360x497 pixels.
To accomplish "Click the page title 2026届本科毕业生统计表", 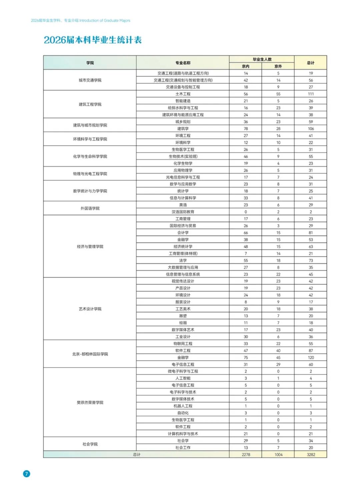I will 93,40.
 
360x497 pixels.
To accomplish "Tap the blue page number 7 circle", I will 26,474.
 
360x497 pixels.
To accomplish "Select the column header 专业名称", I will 183,63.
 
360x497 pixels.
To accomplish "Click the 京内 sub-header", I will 246,66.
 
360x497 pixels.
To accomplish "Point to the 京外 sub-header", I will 278,66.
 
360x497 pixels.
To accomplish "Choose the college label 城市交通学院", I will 90,80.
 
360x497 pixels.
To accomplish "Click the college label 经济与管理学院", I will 90,246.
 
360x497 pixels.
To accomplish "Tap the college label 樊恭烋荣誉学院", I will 90,402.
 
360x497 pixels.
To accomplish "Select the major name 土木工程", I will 183,94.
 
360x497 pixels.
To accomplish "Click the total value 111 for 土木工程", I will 311,94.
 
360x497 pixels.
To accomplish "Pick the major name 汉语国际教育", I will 183,212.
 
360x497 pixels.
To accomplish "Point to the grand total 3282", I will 311,454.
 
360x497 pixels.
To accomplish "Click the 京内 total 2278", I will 246,454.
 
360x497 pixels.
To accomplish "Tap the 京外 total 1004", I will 278,454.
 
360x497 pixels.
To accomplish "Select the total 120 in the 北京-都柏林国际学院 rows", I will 311,357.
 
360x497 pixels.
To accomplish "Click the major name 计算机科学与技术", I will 183,434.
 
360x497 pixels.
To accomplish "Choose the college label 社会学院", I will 90,444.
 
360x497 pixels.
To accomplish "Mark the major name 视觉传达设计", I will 183,281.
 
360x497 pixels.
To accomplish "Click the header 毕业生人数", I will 262,59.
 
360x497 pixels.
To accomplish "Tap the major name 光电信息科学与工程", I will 183,177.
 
